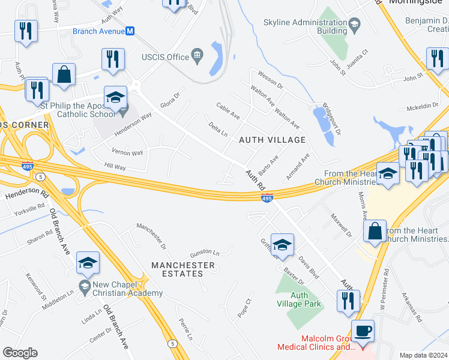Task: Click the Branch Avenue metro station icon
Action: (x=130, y=31)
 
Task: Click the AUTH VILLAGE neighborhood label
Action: (x=272, y=140)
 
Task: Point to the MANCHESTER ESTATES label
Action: (x=183, y=269)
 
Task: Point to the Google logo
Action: (x=20, y=353)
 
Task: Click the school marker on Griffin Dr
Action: (x=282, y=244)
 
